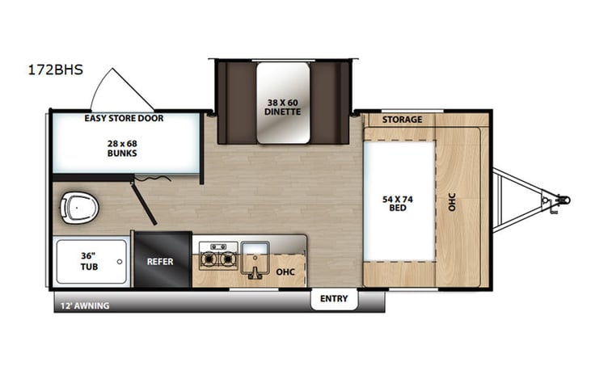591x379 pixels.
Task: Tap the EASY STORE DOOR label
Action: pos(124,119)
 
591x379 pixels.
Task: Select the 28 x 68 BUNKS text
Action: pos(124,148)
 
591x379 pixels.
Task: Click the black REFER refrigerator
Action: pos(162,262)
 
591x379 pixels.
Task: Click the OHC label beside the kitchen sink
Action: pos(286,272)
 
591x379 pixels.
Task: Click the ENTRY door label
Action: pos(333,299)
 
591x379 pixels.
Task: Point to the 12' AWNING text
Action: pos(83,305)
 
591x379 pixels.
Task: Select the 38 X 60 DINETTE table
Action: pos(283,106)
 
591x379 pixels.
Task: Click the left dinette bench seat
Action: pos(236,101)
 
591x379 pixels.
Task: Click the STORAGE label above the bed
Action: pos(402,120)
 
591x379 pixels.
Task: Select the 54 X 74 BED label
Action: pos(399,202)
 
